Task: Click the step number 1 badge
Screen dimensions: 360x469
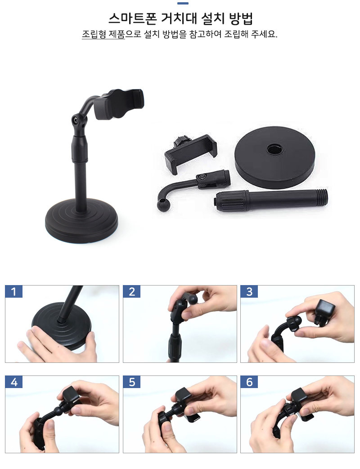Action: point(14,291)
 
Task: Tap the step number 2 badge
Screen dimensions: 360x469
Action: point(132,291)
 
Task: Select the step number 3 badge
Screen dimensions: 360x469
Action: point(249,291)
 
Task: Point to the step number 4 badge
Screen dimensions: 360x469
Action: point(14,382)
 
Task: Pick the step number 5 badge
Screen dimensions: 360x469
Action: point(132,382)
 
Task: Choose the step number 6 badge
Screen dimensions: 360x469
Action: point(249,382)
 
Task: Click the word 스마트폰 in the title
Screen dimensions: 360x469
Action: point(133,18)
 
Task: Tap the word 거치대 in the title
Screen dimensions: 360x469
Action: point(179,18)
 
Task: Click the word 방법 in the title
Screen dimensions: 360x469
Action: point(241,18)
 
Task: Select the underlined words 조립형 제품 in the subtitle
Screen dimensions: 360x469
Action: point(103,34)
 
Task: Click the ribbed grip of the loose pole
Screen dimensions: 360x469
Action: point(231,200)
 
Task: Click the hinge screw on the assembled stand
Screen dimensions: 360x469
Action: point(75,120)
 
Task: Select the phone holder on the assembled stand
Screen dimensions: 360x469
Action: point(119,104)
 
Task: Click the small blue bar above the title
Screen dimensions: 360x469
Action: point(183,3)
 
